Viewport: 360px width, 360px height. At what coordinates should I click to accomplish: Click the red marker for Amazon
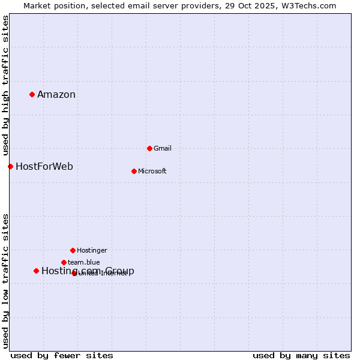[x=32, y=94]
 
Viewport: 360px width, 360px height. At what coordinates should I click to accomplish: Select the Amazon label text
[x=56, y=95]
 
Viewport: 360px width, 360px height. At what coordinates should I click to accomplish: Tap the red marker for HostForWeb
[x=10, y=166]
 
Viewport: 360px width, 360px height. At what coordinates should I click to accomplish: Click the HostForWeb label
[x=44, y=167]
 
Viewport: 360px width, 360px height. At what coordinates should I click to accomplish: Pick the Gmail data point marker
[x=149, y=148]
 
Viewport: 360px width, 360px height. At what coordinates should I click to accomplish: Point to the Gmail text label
[x=163, y=149]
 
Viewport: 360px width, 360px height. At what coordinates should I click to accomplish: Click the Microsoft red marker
[x=134, y=171]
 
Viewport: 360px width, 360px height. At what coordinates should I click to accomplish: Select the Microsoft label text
[x=152, y=172]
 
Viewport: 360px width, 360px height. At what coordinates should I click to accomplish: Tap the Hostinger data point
[x=73, y=250]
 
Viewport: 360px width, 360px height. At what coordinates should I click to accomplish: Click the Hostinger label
[x=92, y=251]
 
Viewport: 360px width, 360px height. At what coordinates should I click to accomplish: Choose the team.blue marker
[x=64, y=262]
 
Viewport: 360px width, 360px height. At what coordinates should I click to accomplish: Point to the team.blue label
[x=84, y=263]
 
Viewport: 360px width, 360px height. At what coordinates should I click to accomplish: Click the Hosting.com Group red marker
[x=36, y=271]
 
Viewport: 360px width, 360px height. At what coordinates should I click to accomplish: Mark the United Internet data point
[x=74, y=273]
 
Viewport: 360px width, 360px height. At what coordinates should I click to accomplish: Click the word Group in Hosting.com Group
[x=120, y=271]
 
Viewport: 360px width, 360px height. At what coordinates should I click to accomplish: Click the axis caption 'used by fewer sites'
[x=62, y=355]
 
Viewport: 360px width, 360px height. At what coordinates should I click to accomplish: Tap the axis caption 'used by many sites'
[x=301, y=355]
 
